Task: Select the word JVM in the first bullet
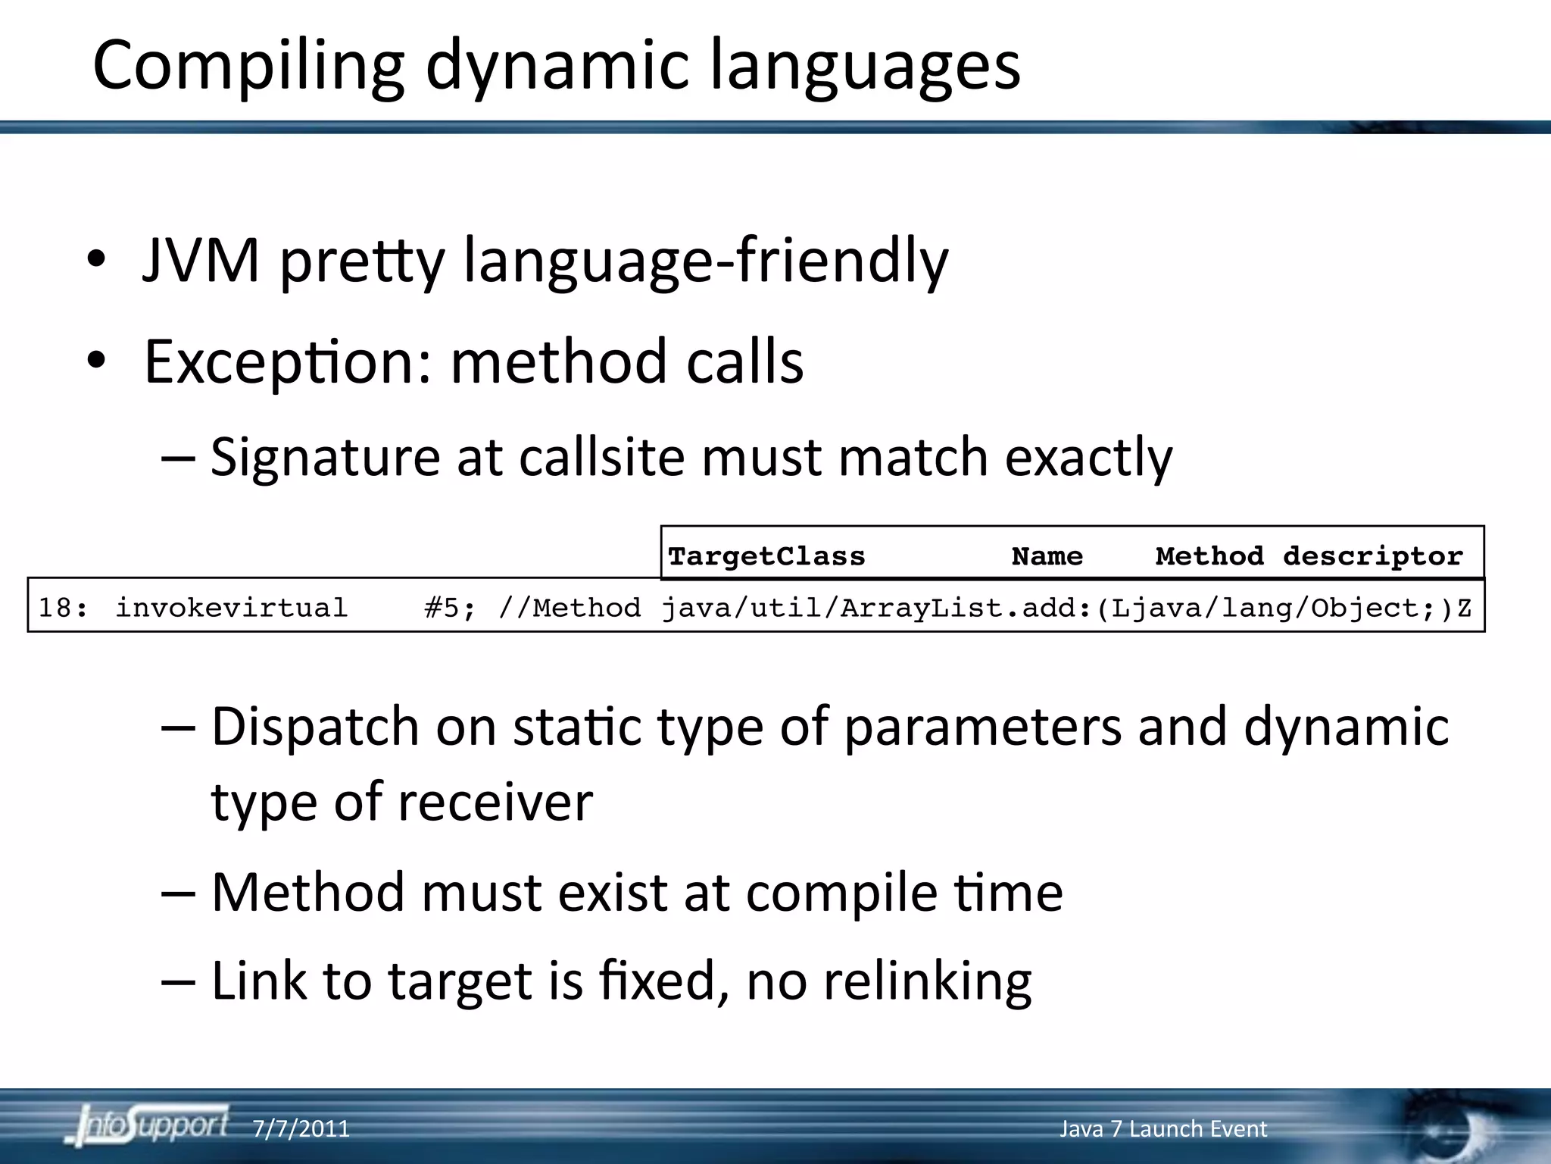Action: (201, 261)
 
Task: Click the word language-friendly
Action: (705, 262)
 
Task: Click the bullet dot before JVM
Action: (95, 261)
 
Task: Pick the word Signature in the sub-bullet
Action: (325, 458)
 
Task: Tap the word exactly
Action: (1088, 458)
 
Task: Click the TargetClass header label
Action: (766, 556)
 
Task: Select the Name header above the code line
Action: (1047, 556)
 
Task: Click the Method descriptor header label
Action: (1309, 556)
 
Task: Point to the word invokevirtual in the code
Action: (231, 608)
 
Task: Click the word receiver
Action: (495, 802)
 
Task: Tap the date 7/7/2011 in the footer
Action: (301, 1129)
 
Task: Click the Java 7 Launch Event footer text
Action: (1162, 1129)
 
